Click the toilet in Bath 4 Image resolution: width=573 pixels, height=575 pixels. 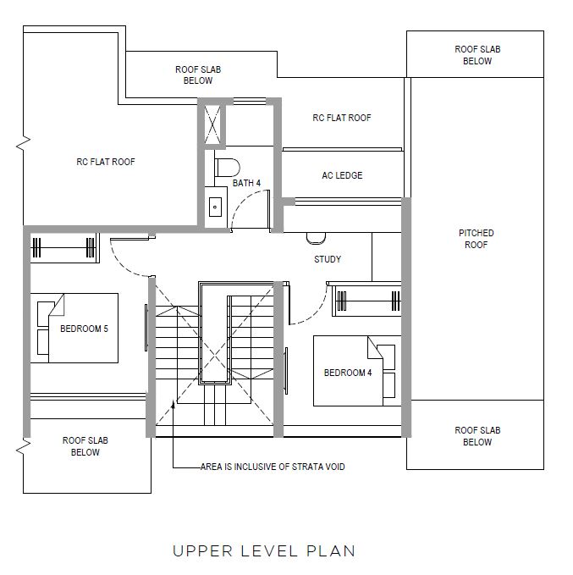(227, 168)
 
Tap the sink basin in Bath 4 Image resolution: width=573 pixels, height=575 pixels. (215, 207)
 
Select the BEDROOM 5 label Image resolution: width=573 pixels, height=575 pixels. (85, 329)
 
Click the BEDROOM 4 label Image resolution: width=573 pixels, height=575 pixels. (348, 373)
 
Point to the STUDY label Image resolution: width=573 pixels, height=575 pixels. (328, 259)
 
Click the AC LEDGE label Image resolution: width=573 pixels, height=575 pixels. (342, 175)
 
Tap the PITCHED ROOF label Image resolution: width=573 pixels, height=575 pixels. (477, 239)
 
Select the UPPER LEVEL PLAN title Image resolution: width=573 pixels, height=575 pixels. (264, 551)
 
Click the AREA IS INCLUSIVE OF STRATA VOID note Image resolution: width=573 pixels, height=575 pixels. (273, 467)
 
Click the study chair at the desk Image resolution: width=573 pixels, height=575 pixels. (316, 238)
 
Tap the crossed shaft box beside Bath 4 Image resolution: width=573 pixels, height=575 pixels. (212, 124)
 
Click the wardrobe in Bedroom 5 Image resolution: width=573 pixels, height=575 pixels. (63, 248)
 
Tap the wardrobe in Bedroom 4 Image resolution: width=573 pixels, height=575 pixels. (366, 301)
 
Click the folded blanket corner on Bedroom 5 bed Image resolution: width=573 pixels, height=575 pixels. (58, 306)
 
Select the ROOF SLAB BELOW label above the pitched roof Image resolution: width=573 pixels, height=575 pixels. (477, 55)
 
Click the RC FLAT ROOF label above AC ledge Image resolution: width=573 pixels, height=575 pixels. (342, 118)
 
